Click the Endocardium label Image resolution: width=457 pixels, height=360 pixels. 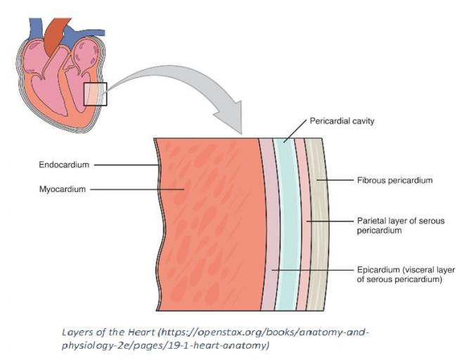click(x=63, y=165)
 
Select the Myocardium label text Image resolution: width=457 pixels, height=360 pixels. click(x=63, y=188)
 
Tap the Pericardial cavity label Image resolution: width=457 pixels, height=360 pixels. click(x=342, y=122)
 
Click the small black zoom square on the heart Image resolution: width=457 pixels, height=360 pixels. click(x=95, y=94)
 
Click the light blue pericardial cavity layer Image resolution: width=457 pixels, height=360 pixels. click(x=286, y=211)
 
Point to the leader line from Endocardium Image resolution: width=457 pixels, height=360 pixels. click(x=127, y=165)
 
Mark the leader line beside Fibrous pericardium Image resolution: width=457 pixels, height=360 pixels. click(x=334, y=181)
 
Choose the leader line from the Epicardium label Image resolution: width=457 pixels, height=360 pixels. click(x=309, y=270)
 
